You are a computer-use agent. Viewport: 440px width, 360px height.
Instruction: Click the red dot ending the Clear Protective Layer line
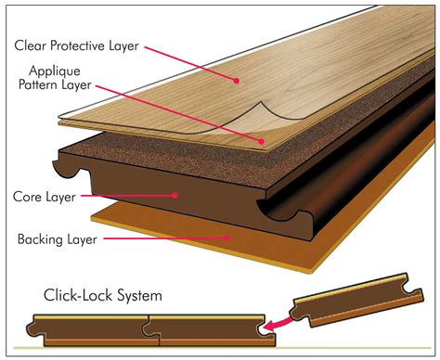pyautogui.click(x=237, y=81)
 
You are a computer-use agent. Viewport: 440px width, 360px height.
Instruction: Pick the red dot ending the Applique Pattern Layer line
pyautogui.click(x=263, y=141)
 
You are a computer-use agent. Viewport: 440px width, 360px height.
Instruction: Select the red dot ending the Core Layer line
pyautogui.click(x=175, y=195)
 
